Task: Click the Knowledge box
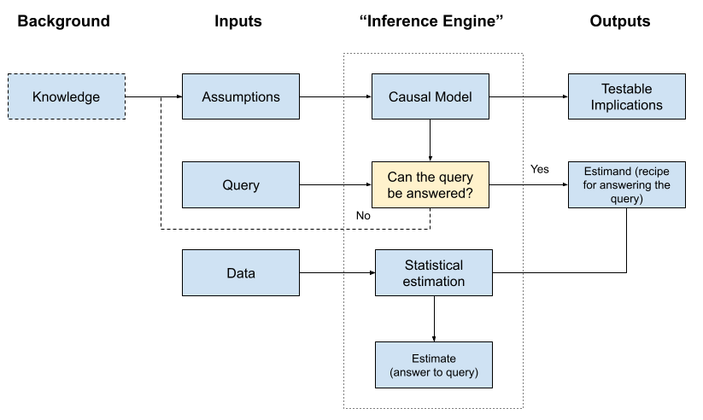66,96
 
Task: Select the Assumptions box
241,96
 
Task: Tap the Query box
241,184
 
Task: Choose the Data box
241,273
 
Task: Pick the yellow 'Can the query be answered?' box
430,184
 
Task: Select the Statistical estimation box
434,273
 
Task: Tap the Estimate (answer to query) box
434,365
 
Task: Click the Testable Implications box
626,96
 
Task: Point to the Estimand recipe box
626,184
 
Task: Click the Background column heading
63,21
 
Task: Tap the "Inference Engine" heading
431,21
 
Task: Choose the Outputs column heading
620,21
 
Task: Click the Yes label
540,169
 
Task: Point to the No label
363,216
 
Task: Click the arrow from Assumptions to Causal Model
335,96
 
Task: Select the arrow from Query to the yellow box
335,184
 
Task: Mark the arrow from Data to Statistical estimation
337,273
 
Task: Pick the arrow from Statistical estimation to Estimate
434,318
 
